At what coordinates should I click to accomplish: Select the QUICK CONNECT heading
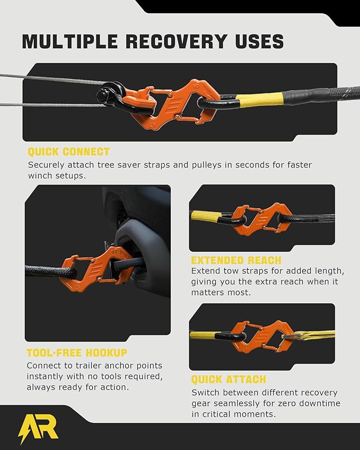68,152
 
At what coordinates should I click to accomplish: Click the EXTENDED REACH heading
236,260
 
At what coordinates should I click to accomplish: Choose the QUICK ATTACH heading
229,380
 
